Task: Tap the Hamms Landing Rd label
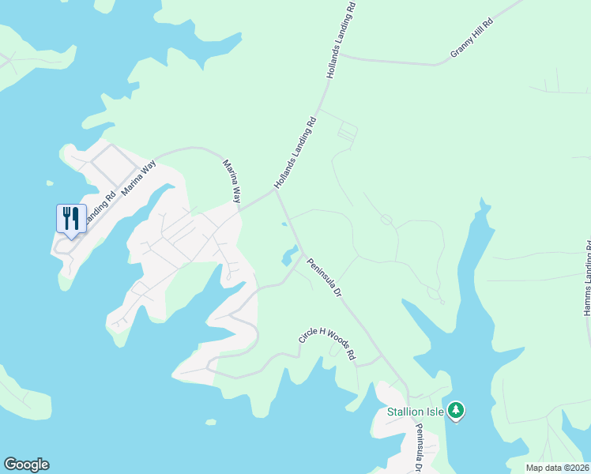pyautogui.click(x=587, y=279)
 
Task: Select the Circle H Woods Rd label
pyautogui.click(x=327, y=345)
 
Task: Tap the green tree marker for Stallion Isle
pyautogui.click(x=456, y=410)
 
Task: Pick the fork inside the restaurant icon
pyautogui.click(x=66, y=216)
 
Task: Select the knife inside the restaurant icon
pyautogui.click(x=76, y=216)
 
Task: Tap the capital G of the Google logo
pyautogui.click(x=10, y=465)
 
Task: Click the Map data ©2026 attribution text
pyautogui.click(x=558, y=467)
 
